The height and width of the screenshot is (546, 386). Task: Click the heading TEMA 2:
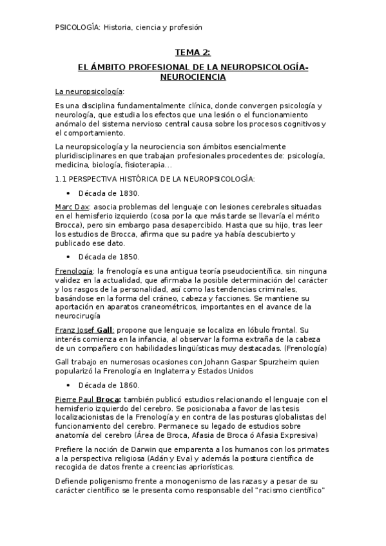tap(193, 52)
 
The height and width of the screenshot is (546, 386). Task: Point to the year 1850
tap(127, 257)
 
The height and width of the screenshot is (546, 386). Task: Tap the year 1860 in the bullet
tap(127, 385)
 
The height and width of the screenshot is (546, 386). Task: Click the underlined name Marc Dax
tap(72, 207)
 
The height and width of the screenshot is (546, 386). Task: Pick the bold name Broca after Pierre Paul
tap(110, 399)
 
